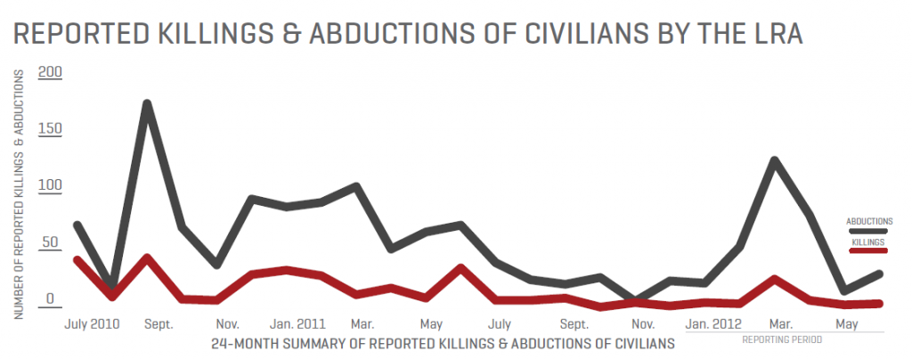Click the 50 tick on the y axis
point(52,243)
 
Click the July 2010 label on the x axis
point(94,323)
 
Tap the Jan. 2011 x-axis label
point(297,323)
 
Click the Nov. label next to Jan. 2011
point(227,323)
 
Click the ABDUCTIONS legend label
point(868,221)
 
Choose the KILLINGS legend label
point(868,241)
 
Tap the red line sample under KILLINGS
point(868,251)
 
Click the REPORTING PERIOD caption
point(782,340)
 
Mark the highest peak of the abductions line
point(147,104)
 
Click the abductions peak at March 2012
point(775,161)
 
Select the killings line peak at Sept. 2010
point(147,258)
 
